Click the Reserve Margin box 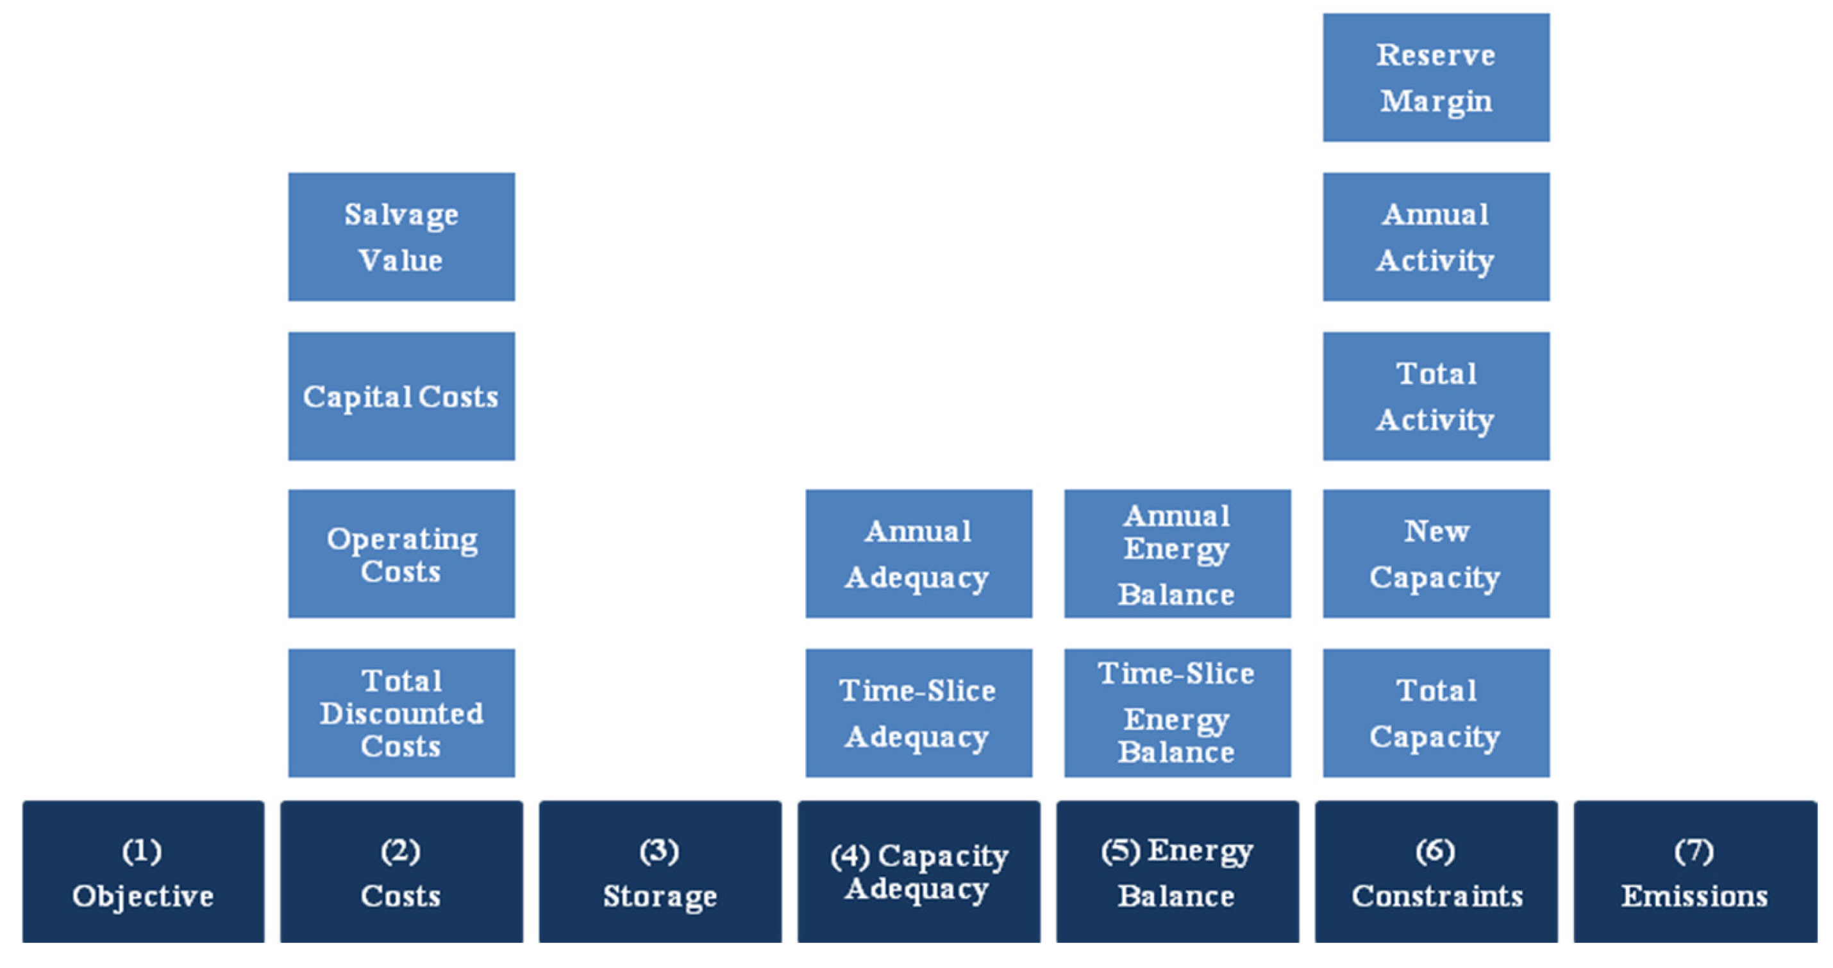point(1436,78)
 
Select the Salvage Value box point(401,237)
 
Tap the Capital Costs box point(401,396)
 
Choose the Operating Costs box point(401,554)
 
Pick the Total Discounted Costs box point(401,713)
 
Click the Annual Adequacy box point(919,554)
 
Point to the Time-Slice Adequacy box point(919,713)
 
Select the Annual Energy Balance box point(1177,554)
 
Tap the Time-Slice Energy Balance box point(1177,713)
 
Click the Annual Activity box point(1436,237)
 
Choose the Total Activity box point(1436,396)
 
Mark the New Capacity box point(1436,554)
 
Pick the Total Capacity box point(1436,713)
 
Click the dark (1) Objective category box point(143,872)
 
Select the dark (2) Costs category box point(401,872)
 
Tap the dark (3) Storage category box point(660,872)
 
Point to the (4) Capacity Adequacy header point(919,872)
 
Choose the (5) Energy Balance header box point(1177,872)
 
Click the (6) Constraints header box point(1436,872)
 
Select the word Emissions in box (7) point(1695,896)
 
